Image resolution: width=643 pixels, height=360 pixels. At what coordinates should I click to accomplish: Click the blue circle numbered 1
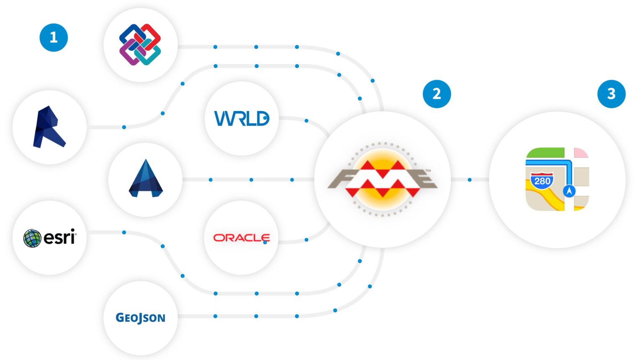[x=54, y=38]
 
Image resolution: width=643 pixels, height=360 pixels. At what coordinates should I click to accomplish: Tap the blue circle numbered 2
[x=437, y=94]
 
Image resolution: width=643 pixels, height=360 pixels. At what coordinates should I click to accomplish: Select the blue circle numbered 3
[x=611, y=94]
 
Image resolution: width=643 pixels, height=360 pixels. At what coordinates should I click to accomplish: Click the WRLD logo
[x=242, y=118]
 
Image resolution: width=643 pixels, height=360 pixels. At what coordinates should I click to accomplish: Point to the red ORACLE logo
[x=242, y=238]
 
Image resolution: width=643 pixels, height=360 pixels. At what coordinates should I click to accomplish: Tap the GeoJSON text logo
[x=140, y=318]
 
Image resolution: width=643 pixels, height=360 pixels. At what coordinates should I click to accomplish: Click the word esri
[x=59, y=237]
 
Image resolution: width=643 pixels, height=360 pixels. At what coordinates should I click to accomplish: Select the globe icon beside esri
[x=32, y=238]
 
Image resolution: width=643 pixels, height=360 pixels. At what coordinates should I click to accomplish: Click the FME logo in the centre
[x=382, y=179]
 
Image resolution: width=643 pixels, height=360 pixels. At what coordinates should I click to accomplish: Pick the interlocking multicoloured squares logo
[x=140, y=45]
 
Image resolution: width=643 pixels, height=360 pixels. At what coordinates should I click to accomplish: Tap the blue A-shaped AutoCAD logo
[x=145, y=179]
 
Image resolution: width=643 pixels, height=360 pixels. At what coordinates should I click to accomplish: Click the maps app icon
[x=557, y=179]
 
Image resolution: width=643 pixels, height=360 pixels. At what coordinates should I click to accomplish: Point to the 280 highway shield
[x=542, y=181]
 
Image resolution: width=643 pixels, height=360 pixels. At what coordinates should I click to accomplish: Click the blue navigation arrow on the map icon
[x=569, y=191]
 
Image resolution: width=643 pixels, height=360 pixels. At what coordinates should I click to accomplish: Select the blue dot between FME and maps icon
[x=470, y=180]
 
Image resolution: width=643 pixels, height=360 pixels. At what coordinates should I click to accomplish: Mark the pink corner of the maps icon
[x=581, y=153]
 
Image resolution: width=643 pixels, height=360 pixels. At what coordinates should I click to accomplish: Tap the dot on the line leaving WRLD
[x=306, y=121]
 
